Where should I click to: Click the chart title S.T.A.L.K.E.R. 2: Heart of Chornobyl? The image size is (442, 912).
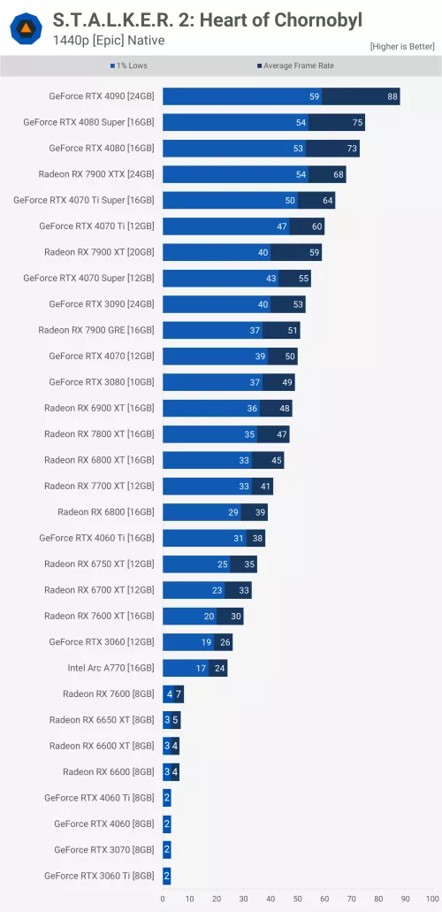pyautogui.click(x=208, y=19)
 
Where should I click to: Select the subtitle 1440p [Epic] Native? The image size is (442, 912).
pyautogui.click(x=109, y=41)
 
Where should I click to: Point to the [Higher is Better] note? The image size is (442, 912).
pyautogui.click(x=402, y=45)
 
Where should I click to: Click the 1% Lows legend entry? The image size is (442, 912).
pyautogui.click(x=129, y=65)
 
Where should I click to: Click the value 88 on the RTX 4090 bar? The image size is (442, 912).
pyautogui.click(x=392, y=96)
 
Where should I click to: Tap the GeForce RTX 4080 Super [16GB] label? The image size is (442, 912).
pyautogui.click(x=88, y=123)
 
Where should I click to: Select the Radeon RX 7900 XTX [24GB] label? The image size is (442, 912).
pyautogui.click(x=96, y=174)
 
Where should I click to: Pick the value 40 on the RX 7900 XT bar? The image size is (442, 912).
pyautogui.click(x=263, y=252)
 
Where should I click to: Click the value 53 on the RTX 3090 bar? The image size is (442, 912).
pyautogui.click(x=299, y=304)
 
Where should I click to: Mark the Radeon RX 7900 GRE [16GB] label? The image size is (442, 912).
pyautogui.click(x=95, y=330)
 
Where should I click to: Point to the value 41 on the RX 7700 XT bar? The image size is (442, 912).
pyautogui.click(x=266, y=486)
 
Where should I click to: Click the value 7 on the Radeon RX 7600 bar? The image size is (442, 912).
pyautogui.click(x=179, y=694)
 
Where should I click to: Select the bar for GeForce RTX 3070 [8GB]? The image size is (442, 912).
pyautogui.click(x=166, y=850)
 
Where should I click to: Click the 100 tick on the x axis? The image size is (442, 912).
pyautogui.click(x=431, y=898)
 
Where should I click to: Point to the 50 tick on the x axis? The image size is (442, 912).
pyautogui.click(x=297, y=898)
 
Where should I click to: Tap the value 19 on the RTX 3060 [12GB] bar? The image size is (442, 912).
pyautogui.click(x=206, y=642)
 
